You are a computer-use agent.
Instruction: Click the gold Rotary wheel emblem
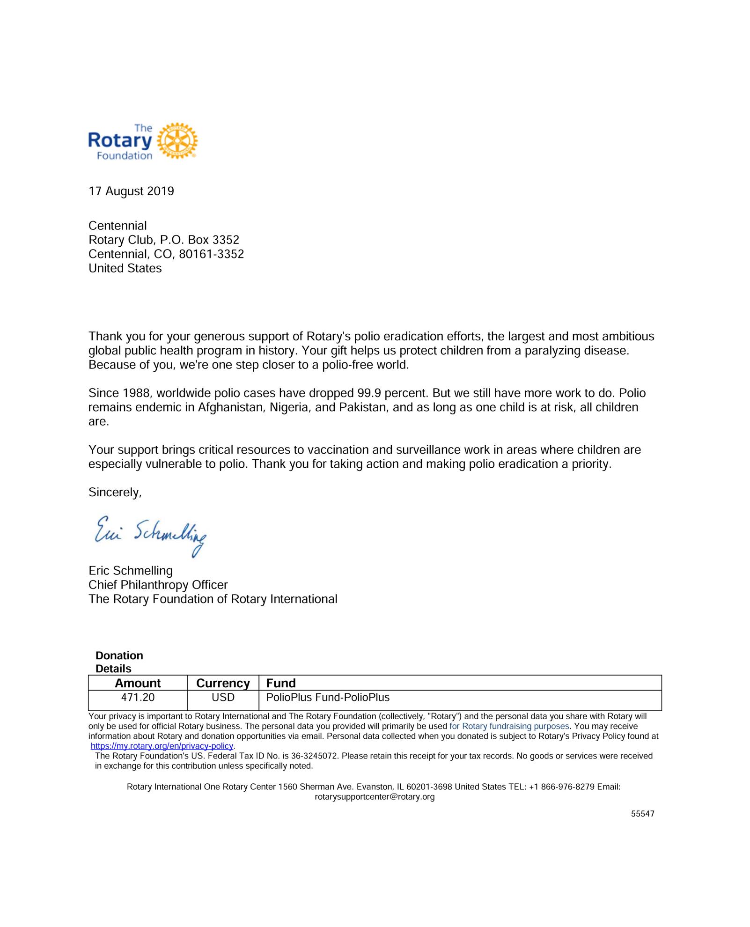(177, 141)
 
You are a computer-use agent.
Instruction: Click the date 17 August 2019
(131, 191)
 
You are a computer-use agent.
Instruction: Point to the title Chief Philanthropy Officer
(158, 585)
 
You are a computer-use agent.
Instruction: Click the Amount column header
(138, 683)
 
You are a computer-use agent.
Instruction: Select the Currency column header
(223, 683)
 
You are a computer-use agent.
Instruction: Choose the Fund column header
(281, 683)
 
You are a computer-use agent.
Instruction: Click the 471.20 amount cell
(138, 698)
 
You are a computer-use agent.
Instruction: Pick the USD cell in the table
(223, 698)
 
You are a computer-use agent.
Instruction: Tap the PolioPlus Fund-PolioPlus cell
(328, 698)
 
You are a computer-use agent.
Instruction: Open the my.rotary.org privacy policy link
(162, 746)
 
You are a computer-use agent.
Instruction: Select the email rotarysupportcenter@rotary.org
(375, 797)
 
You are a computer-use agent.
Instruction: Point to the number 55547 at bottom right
(642, 814)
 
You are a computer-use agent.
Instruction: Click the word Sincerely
(115, 493)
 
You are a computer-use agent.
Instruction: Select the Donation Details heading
(119, 662)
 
